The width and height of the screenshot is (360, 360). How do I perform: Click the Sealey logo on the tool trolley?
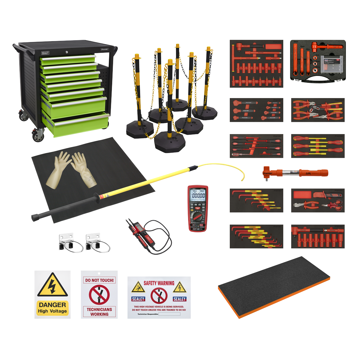[x=45, y=53]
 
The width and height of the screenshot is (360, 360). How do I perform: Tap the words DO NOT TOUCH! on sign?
[x=99, y=280]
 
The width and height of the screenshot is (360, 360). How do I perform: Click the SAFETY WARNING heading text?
[x=159, y=283]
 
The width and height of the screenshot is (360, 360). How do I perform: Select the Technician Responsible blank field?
[x=169, y=314]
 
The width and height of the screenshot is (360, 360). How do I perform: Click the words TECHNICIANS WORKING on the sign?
[x=99, y=312]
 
